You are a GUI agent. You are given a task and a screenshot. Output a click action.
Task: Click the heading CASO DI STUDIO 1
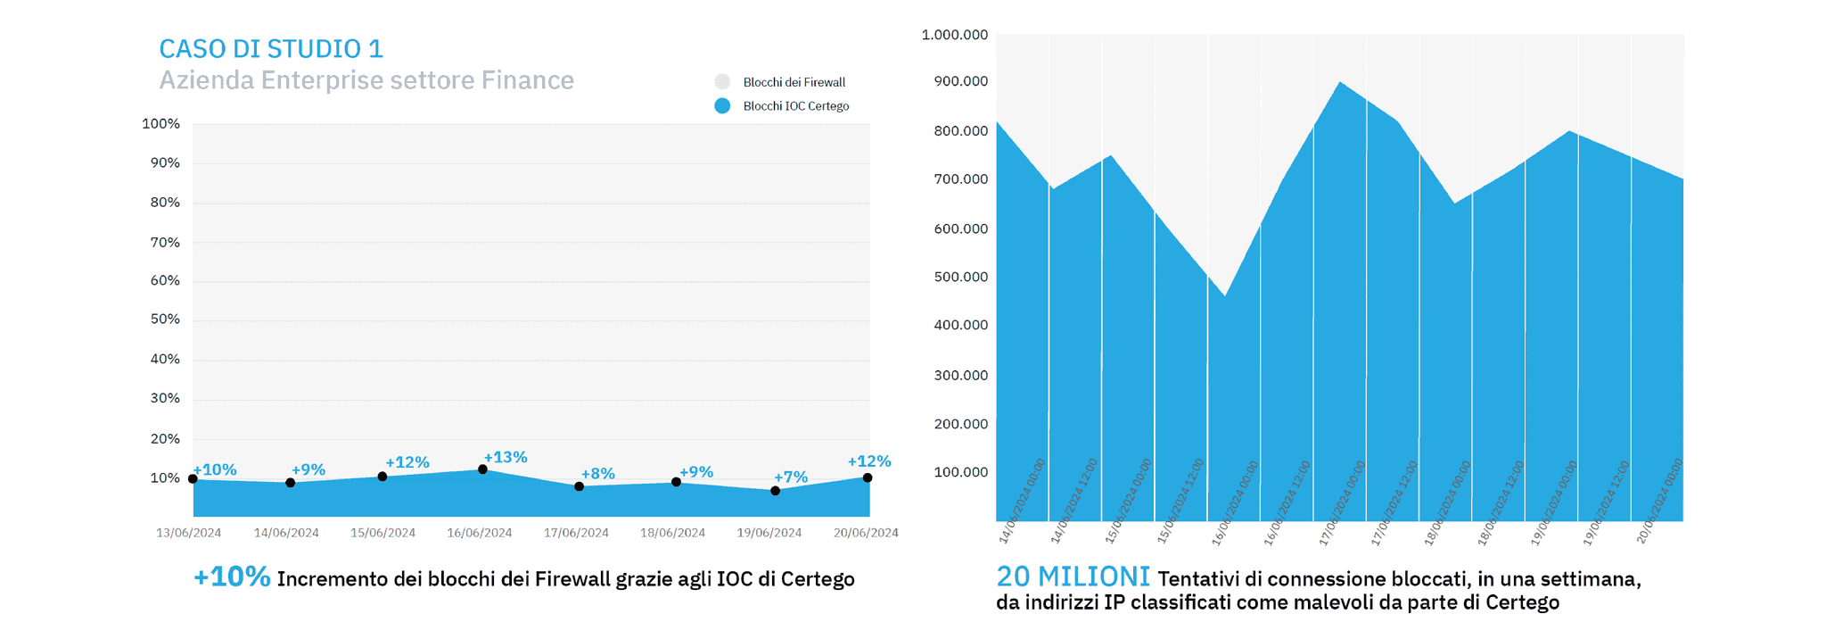[271, 48]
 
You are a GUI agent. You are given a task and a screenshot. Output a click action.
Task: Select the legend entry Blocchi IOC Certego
[795, 106]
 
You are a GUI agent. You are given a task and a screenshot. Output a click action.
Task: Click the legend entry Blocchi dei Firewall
[794, 82]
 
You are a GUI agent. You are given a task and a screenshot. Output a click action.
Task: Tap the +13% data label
[506, 457]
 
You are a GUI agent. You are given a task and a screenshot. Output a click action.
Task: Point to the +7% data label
[791, 477]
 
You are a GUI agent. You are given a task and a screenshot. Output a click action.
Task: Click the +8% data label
[597, 473]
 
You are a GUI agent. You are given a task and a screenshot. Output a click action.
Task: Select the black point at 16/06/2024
[482, 469]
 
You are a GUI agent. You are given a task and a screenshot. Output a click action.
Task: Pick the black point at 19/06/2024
[775, 491]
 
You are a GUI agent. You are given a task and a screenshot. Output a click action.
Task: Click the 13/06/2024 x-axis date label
[189, 533]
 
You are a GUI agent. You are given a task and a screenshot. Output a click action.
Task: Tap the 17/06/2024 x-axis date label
[576, 533]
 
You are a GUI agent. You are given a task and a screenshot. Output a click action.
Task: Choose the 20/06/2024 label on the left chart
[866, 533]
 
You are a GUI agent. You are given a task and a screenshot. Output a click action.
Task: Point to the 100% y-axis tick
[161, 123]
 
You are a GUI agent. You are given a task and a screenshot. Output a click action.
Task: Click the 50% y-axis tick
[165, 319]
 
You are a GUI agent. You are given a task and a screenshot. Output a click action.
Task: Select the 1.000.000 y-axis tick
[955, 35]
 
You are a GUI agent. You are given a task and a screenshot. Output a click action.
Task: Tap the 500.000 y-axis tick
[960, 277]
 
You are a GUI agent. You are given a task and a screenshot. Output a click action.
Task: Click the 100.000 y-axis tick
[960, 472]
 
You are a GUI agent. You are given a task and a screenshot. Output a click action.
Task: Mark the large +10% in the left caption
[232, 577]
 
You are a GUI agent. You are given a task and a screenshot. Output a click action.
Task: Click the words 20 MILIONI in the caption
[1073, 577]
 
